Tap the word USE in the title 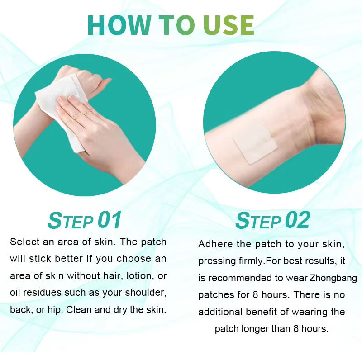coord(229,25)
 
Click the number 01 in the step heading coord(110,220)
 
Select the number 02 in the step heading coord(297,220)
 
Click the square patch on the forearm coord(255,145)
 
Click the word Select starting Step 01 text coord(25,242)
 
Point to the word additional coord(220,312)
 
